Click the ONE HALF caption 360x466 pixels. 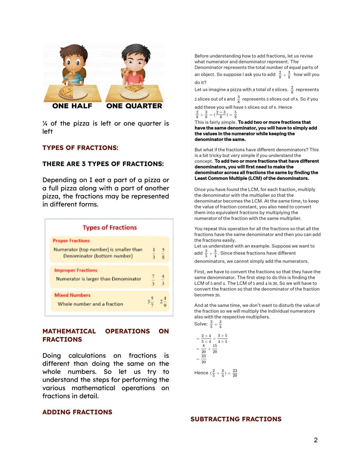(x=72, y=106)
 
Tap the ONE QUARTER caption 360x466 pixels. (x=134, y=106)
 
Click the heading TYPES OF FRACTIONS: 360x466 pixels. (x=80, y=148)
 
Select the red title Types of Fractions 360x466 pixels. (x=110, y=227)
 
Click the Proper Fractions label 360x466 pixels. (x=71, y=241)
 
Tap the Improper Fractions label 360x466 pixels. (x=76, y=270)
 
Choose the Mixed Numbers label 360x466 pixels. (x=72, y=295)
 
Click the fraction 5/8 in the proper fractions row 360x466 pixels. (x=163, y=253)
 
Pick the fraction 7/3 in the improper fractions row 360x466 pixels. (x=153, y=280)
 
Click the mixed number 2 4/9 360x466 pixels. (x=163, y=302)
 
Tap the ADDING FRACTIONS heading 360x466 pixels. (x=77, y=412)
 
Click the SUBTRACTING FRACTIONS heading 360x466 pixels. (x=236, y=419)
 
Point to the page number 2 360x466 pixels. (x=316, y=440)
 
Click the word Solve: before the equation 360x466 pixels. (x=201, y=324)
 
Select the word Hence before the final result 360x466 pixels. (x=201, y=373)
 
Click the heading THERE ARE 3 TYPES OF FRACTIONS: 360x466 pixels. (x=103, y=164)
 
